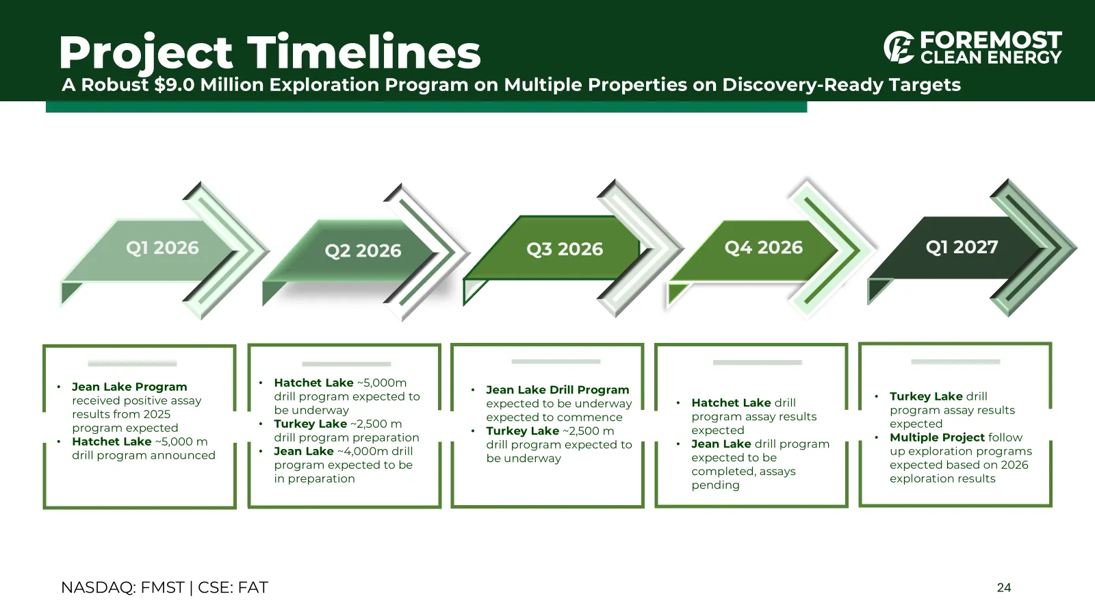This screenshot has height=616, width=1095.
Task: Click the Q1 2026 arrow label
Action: coord(162,248)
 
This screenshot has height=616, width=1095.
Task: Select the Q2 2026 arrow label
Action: coord(363,251)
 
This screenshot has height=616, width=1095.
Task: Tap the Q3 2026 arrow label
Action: coord(565,249)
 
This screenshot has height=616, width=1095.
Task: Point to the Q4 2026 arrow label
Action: coord(764,247)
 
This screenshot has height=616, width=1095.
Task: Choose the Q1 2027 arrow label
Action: coord(962,247)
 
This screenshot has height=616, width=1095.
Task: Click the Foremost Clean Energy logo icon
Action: coord(899,47)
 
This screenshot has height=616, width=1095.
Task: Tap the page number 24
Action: coord(1003,588)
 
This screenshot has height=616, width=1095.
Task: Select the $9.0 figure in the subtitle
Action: coord(175,85)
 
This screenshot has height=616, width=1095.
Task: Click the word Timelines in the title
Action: coord(363,52)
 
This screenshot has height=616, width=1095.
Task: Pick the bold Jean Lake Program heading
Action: coord(129,387)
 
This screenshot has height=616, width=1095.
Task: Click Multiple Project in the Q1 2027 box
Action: coord(937,437)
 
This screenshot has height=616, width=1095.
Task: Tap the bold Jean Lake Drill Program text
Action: coord(557,389)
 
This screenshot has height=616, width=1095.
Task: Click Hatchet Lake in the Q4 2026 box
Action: coord(731,403)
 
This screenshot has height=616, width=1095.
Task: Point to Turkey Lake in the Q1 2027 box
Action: coord(926,396)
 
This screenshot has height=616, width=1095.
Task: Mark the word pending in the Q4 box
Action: coord(715,485)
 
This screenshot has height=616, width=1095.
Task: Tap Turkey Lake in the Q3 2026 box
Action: coord(522,431)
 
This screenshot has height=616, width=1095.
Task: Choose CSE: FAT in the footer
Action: coord(233,587)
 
